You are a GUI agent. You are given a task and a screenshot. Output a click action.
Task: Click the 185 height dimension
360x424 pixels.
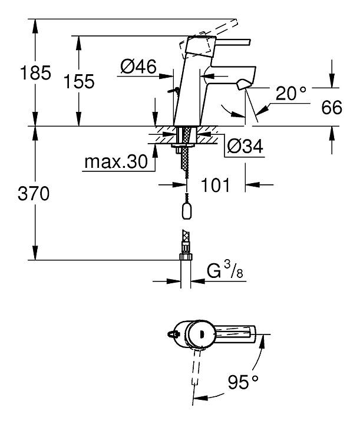click(x=35, y=72)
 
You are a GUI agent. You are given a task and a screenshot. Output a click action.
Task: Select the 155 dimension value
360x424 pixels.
click(x=79, y=81)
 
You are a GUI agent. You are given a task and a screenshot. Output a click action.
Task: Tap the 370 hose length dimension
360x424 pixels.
click(x=34, y=194)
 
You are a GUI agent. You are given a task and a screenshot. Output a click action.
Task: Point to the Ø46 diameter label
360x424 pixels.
click(x=138, y=66)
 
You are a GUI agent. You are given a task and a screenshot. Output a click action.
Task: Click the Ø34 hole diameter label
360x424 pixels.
click(x=245, y=146)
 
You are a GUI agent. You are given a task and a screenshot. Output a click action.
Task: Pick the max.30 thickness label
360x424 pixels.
click(x=116, y=162)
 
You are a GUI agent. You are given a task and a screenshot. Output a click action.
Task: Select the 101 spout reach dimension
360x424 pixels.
click(x=215, y=185)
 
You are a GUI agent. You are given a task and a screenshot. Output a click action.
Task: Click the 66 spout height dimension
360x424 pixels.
click(x=332, y=107)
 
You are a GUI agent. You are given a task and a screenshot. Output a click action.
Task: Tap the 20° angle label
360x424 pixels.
click(x=291, y=93)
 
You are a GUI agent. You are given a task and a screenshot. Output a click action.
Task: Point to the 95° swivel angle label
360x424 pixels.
click(x=243, y=382)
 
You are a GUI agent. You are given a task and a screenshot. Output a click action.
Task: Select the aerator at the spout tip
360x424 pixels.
click(x=243, y=84)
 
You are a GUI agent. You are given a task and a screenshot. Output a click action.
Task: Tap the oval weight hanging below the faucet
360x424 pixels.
click(x=186, y=211)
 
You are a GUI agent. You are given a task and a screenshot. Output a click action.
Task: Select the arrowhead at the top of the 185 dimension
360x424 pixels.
click(x=35, y=25)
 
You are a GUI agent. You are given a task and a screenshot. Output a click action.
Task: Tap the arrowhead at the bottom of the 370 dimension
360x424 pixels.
click(x=35, y=253)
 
